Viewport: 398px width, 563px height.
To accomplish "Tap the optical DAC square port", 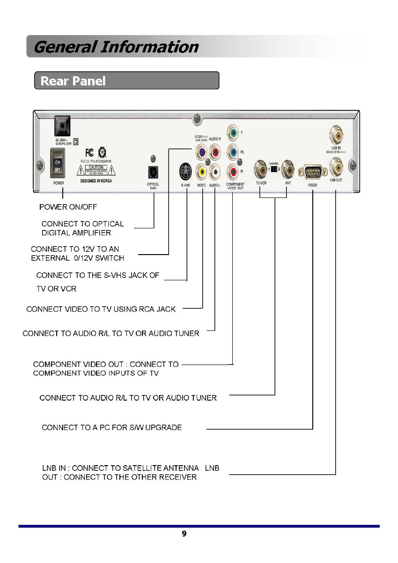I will (x=153, y=173).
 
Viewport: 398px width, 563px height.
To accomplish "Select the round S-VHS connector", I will (x=186, y=172).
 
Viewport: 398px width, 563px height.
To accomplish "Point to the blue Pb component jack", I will (x=233, y=152).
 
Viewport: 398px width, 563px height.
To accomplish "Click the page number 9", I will (x=184, y=534).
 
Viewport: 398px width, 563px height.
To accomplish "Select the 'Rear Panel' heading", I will (x=73, y=81).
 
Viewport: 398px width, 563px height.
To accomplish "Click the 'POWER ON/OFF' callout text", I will (x=68, y=207).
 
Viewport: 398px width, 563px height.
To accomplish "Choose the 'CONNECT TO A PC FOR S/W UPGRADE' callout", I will (x=111, y=427).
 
